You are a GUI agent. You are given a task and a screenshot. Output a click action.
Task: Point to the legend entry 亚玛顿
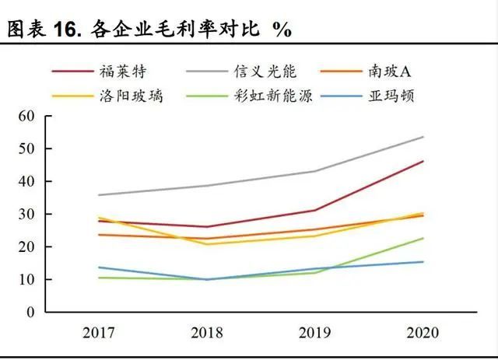(x=397, y=97)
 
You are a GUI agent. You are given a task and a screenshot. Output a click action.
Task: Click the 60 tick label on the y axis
(x=28, y=116)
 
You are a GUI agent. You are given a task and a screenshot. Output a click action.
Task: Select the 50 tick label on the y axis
(x=28, y=149)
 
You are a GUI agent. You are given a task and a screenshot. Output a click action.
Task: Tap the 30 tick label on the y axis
(x=28, y=214)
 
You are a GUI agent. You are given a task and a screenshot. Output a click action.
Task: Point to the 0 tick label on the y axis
(x=32, y=312)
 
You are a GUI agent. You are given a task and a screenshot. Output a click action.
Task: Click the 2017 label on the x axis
(x=99, y=333)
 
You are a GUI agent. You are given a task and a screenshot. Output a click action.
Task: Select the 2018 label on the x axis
(x=207, y=333)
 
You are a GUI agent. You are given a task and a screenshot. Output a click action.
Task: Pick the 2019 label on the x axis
(x=315, y=333)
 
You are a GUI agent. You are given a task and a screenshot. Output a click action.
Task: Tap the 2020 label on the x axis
(x=423, y=333)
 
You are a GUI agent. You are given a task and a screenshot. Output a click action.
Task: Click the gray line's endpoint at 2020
(x=423, y=137)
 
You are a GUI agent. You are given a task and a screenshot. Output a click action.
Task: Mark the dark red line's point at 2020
(x=423, y=161)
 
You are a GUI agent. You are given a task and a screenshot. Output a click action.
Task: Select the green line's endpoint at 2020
(x=423, y=238)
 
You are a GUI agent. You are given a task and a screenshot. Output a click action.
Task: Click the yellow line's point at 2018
(x=207, y=244)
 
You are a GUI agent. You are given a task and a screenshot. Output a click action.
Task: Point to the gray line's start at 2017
(x=99, y=195)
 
